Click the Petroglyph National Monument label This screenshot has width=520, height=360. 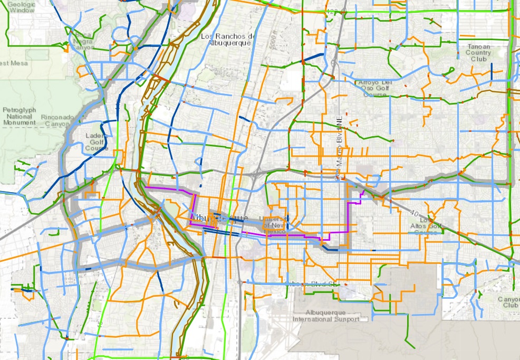19,116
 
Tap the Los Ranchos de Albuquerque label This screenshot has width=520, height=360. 228,39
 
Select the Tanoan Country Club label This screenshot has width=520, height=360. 478,53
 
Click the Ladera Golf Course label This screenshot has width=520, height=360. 96,141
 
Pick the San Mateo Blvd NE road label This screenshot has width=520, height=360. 340,153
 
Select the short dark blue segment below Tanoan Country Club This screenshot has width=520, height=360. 491,69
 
